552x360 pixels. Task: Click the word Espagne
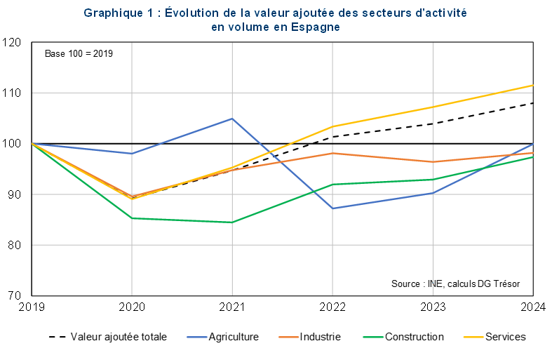point(316,27)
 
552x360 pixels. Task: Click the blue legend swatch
point(197,338)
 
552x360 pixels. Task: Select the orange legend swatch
point(289,338)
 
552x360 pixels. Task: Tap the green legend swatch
point(374,338)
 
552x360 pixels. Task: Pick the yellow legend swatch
point(474,338)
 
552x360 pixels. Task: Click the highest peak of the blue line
point(232,119)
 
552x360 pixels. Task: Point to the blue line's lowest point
point(332,208)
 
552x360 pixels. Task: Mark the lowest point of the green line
point(232,222)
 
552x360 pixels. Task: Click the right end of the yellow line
point(534,85)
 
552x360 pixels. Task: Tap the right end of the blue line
point(534,144)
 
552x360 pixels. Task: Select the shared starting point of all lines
point(32,143)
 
